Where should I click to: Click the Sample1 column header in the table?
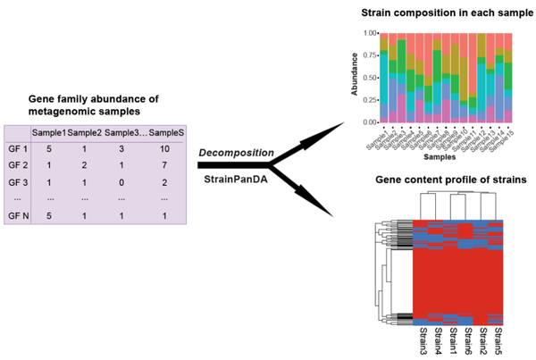point(48,133)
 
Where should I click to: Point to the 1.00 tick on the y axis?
point(369,33)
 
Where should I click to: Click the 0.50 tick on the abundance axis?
point(369,77)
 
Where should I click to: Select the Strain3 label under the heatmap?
point(421,339)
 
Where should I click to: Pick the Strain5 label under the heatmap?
point(498,339)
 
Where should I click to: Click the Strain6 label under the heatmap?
point(466,339)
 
